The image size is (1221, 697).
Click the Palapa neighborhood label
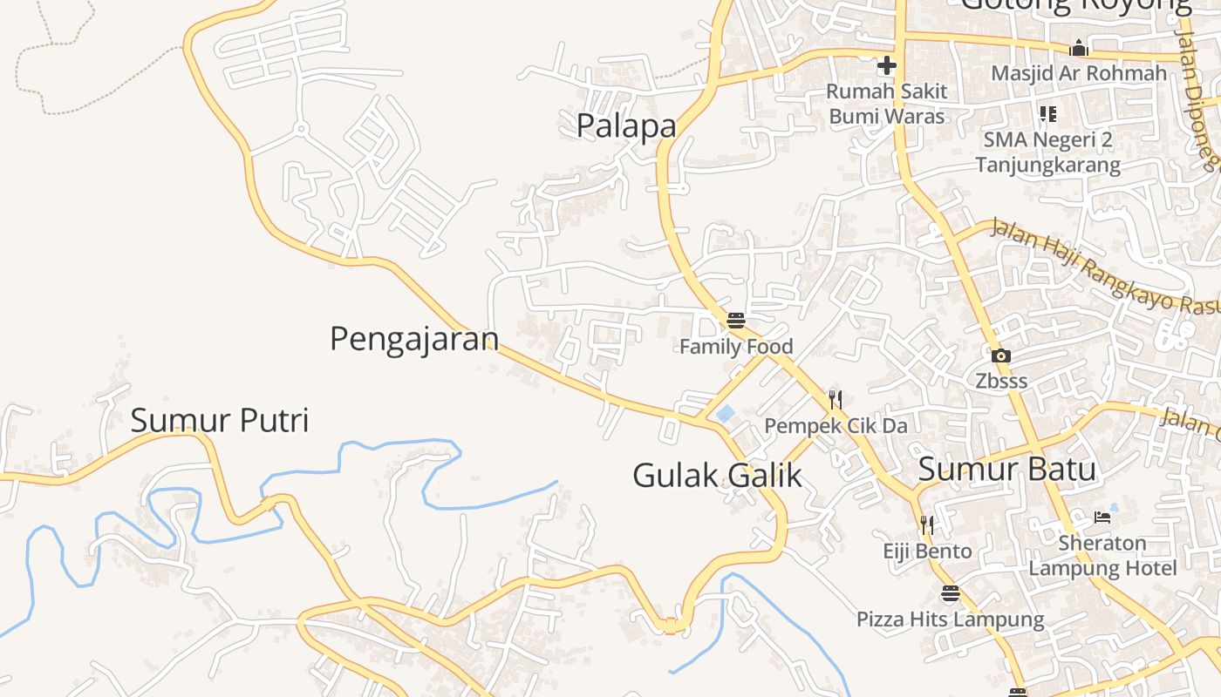point(626,126)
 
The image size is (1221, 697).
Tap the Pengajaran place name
point(414,339)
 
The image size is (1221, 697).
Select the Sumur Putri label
point(220,421)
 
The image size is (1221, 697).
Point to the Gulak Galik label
point(717,476)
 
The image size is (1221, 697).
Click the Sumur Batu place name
point(1006,470)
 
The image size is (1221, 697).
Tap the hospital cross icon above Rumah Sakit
point(886,65)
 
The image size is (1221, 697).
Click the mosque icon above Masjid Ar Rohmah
point(1079,48)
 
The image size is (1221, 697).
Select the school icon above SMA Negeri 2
point(1047,114)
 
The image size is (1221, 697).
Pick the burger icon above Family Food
point(736,321)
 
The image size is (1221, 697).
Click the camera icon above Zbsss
point(1000,355)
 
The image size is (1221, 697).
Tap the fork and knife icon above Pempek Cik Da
point(836,400)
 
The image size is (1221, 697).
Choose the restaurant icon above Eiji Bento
point(926,524)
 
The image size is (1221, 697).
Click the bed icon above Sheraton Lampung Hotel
point(1102,517)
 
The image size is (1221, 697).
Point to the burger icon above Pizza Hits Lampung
point(950,594)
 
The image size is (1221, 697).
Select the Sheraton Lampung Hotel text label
point(1102,556)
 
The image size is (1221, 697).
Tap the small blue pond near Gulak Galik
point(725,414)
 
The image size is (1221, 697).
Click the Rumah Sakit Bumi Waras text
point(886,103)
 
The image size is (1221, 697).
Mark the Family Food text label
point(736,347)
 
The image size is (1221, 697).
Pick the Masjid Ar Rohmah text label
point(1079,73)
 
